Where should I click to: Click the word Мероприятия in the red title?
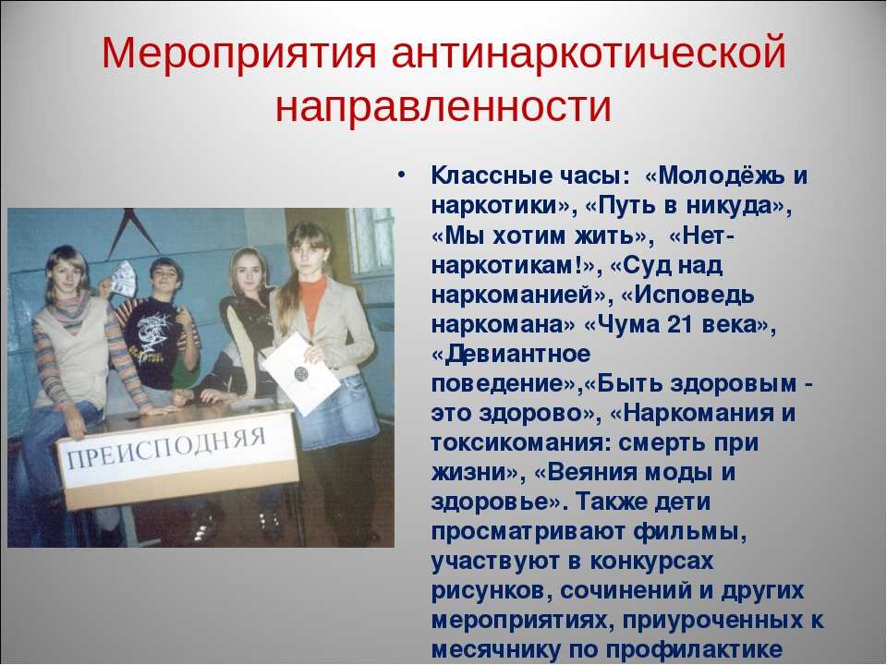coord(238,54)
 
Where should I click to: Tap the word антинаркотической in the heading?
coord(589,54)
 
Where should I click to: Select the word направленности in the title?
coord(443,105)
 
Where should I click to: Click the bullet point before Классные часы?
coord(401,175)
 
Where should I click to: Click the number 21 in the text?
coord(681,324)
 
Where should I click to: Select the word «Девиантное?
coord(511,354)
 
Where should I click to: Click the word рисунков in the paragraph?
coord(491,591)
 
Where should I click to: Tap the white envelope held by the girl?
coord(301,373)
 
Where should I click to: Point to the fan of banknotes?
coord(123,279)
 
